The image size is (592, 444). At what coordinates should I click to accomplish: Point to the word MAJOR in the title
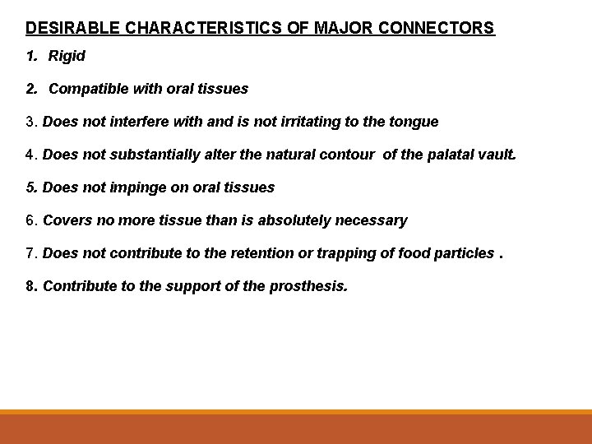tap(340, 28)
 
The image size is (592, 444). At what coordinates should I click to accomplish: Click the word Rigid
tap(67, 56)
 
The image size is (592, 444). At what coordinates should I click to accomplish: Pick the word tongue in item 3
tap(414, 122)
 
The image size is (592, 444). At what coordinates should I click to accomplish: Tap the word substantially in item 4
tap(146, 155)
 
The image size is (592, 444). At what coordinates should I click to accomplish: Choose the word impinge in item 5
tap(137, 187)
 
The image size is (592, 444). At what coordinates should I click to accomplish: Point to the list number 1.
tap(30, 56)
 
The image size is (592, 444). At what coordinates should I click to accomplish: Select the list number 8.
tap(30, 286)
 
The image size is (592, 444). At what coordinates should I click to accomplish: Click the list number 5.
tap(30, 187)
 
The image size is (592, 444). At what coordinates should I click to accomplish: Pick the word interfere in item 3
tap(139, 122)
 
